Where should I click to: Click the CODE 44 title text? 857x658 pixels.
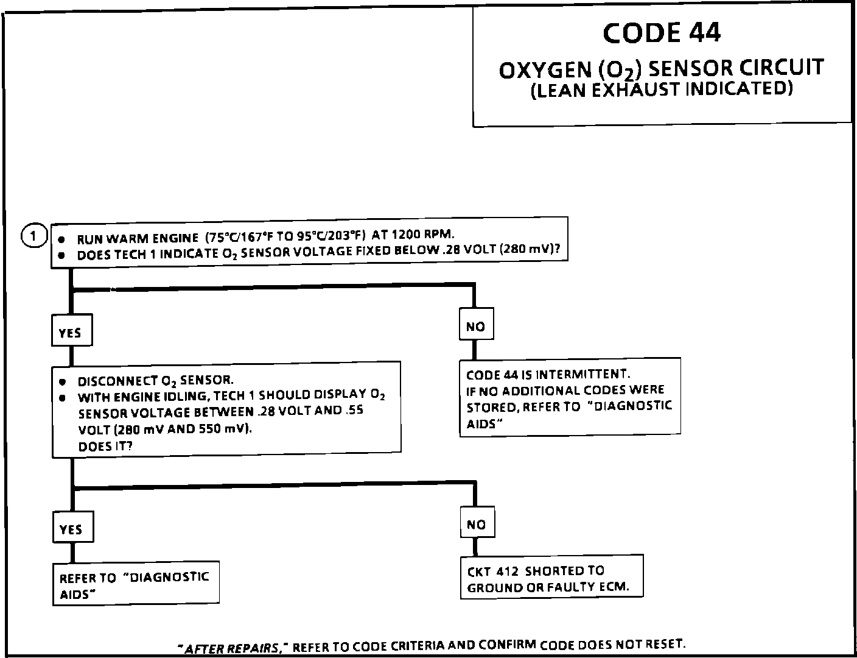[x=662, y=33]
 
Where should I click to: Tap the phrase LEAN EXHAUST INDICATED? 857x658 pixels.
[x=662, y=90]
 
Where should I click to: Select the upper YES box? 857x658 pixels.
[x=71, y=332]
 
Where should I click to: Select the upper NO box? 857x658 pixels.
[x=475, y=326]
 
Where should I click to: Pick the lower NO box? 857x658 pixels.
[x=477, y=524]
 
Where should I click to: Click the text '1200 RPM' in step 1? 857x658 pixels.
[x=422, y=234]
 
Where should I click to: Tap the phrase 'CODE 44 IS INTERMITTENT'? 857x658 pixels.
[x=548, y=374]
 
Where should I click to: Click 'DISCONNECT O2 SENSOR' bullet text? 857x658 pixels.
[x=155, y=381]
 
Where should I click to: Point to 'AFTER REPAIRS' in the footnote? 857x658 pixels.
[x=232, y=648]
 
